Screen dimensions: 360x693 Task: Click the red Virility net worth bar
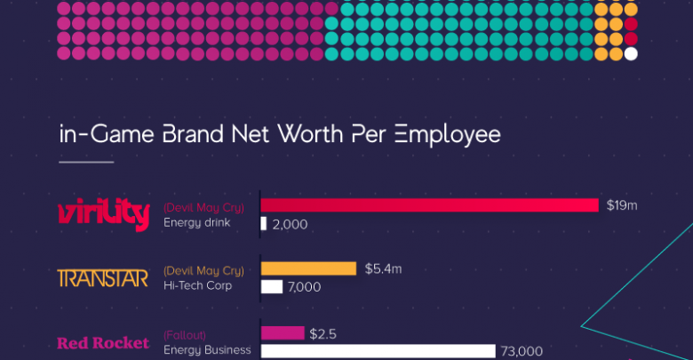click(430, 205)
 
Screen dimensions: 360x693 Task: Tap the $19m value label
click(622, 205)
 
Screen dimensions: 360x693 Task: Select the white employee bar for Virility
click(264, 224)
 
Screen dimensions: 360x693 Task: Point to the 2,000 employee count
click(290, 224)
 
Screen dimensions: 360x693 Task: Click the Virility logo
click(103, 214)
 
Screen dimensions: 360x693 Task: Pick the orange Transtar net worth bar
click(308, 268)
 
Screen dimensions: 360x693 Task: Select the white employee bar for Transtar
click(272, 286)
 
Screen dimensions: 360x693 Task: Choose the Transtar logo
click(103, 278)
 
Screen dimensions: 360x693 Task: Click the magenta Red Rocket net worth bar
click(283, 333)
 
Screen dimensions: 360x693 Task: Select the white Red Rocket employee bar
click(378, 351)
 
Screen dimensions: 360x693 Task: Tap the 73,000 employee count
click(522, 351)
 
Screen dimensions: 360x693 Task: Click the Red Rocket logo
click(103, 343)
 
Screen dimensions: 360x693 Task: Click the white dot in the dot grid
click(631, 53)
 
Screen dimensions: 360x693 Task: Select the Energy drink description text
click(197, 222)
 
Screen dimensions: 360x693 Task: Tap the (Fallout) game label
click(185, 335)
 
